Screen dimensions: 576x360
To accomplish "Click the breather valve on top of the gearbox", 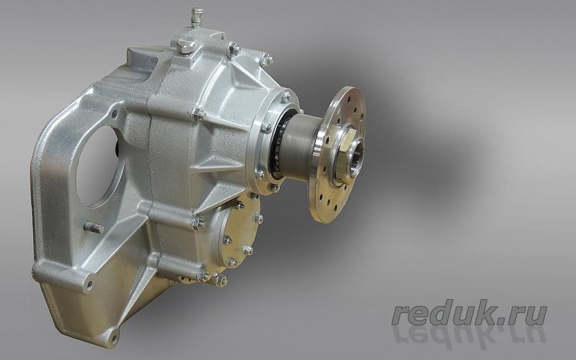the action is (x=197, y=16).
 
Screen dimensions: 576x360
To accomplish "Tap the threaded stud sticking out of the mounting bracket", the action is (x=94, y=227).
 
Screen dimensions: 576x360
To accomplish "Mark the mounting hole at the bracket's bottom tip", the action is (x=114, y=338).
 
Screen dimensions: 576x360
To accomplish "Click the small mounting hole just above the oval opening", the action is (x=114, y=114).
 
